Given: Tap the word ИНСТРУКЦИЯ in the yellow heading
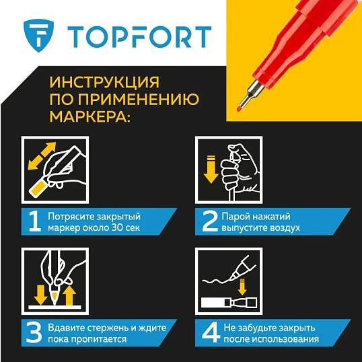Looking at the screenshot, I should (104, 83).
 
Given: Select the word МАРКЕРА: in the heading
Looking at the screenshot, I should (90, 118).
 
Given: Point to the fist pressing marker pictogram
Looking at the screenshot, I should (229, 170).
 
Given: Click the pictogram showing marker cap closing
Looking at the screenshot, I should (229, 281).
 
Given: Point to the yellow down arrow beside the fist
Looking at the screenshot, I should (209, 171).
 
